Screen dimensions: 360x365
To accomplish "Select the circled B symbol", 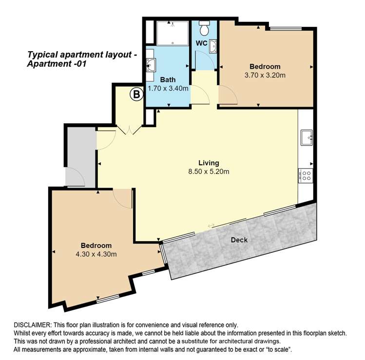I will pyautogui.click(x=136, y=95).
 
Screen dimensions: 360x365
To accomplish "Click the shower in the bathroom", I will pyautogui.click(x=173, y=33).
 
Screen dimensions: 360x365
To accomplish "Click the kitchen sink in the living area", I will pyautogui.click(x=307, y=137).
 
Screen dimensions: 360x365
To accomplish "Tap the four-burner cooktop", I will pyautogui.click(x=307, y=175).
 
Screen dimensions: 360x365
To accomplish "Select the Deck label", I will pyautogui.click(x=239, y=239).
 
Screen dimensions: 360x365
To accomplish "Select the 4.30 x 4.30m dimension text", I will pyautogui.click(x=96, y=254).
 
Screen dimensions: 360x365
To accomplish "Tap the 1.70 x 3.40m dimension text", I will pyautogui.click(x=168, y=88).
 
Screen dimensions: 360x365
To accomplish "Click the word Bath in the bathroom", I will pyautogui.click(x=168, y=80).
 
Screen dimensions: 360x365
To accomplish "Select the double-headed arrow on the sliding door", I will pyautogui.click(x=211, y=226).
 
